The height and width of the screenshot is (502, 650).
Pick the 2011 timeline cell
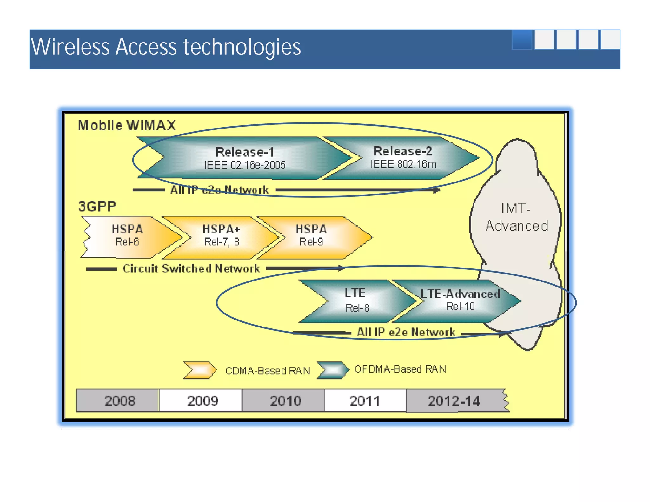click(x=365, y=401)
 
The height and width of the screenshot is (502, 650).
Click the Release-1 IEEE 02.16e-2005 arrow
click(x=244, y=158)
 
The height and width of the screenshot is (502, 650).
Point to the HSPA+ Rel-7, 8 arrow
click(x=222, y=236)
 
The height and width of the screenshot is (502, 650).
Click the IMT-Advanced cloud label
click(x=516, y=218)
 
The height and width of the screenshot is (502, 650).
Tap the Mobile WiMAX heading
click(x=127, y=125)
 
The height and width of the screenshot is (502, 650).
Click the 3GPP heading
click(x=97, y=207)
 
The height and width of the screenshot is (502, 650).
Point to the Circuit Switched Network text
click(x=191, y=268)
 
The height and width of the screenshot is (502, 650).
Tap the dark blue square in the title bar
click(x=522, y=40)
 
